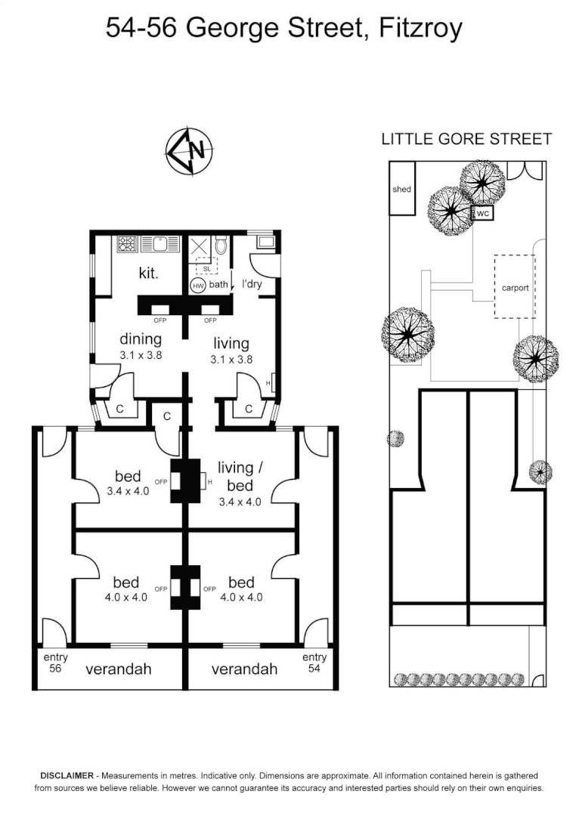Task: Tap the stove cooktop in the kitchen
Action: [x=127, y=244]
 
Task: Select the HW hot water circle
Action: [x=198, y=286]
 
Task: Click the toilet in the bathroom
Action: [x=221, y=246]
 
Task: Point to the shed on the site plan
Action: [x=401, y=190]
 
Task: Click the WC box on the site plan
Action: [x=484, y=214]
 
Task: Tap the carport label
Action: [x=515, y=288]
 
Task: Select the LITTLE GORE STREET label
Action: [x=466, y=139]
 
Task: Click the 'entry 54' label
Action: [x=314, y=663]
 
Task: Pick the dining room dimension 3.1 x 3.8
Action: [x=139, y=354]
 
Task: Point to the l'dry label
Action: [x=251, y=285]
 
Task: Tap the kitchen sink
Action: [x=159, y=244]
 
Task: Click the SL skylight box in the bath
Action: [x=206, y=267]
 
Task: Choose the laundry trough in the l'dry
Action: [x=266, y=243]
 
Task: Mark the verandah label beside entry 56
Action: [x=119, y=669]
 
